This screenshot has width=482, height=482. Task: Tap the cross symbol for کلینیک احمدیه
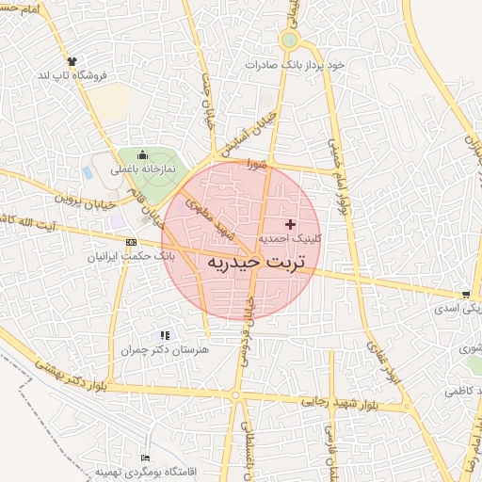(x=289, y=224)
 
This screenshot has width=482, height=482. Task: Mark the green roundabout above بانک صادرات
(x=289, y=40)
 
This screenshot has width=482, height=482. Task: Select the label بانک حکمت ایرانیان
(x=132, y=255)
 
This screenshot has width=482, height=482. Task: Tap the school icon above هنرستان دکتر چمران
(x=166, y=334)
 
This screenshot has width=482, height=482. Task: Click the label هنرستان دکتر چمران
(x=163, y=349)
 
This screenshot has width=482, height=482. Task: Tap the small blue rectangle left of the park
(x=88, y=173)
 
